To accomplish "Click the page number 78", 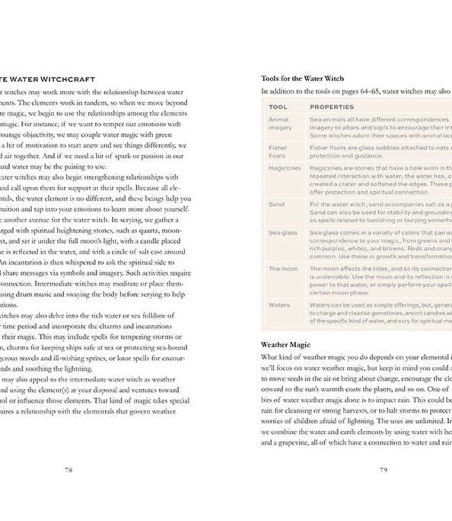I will click(x=69, y=470).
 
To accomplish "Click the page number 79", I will click(x=383, y=470).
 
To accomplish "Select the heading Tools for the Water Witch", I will click(x=302, y=78).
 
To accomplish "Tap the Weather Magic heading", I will click(x=285, y=345).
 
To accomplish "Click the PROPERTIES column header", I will click(x=332, y=107).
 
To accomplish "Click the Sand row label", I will click(x=275, y=204).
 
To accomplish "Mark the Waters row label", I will click(x=279, y=304).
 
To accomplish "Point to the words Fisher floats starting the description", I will click(x=328, y=148).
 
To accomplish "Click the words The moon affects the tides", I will click(x=349, y=268).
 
